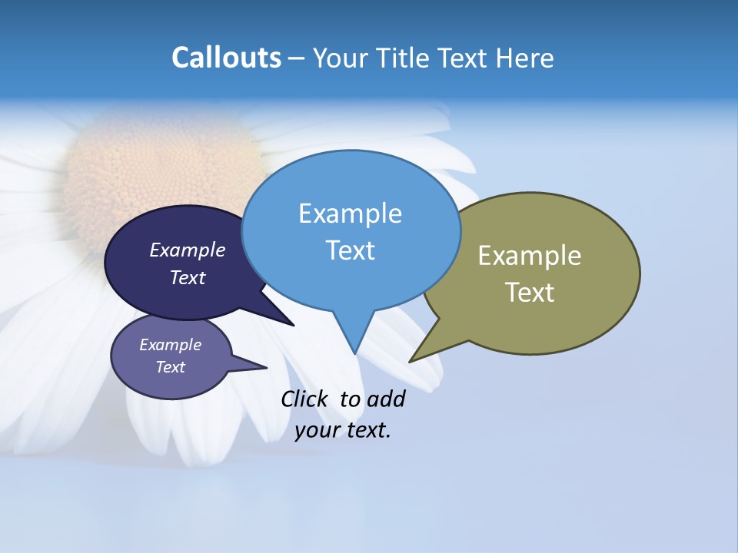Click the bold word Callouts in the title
[226, 58]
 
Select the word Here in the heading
[525, 58]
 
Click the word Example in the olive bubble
[530, 256]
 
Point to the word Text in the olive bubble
[530, 293]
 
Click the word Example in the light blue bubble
[350, 214]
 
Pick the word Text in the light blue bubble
[350, 250]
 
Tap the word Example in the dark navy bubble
[187, 250]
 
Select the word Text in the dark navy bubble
[187, 277]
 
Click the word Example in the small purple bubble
[170, 345]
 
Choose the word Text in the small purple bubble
[170, 367]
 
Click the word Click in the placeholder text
[306, 399]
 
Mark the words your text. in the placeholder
[342, 430]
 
